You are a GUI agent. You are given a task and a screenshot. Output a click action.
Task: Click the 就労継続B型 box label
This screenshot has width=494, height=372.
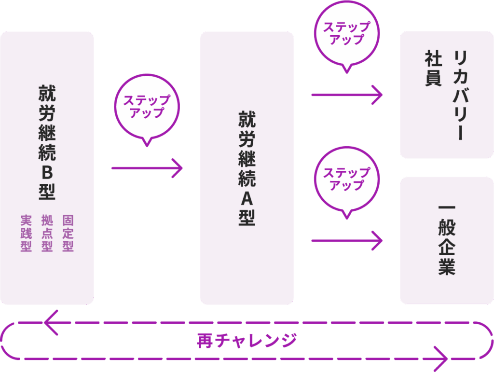point(47,142)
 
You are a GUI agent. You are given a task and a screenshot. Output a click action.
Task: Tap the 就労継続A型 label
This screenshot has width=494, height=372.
point(247,168)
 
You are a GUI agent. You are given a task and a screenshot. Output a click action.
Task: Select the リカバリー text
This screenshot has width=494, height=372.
point(459,96)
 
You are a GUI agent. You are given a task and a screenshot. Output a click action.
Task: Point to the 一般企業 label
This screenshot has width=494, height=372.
point(447,240)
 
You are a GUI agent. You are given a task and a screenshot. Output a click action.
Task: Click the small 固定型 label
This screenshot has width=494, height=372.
point(68,234)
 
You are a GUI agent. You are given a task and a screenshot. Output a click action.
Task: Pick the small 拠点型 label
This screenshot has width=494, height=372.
point(47,234)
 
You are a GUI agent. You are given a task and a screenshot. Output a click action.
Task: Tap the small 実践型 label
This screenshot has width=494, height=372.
point(26,234)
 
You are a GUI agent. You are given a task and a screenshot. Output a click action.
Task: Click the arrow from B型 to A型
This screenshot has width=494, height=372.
point(147,168)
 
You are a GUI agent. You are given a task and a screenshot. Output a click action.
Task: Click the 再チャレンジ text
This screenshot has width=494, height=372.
point(247,341)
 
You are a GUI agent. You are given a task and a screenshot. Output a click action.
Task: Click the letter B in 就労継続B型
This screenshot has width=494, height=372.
point(47,172)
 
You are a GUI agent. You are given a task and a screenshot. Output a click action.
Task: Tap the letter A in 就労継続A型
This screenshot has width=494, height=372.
point(247,198)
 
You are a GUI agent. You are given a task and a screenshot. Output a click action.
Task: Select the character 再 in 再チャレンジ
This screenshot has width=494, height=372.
point(203,341)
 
